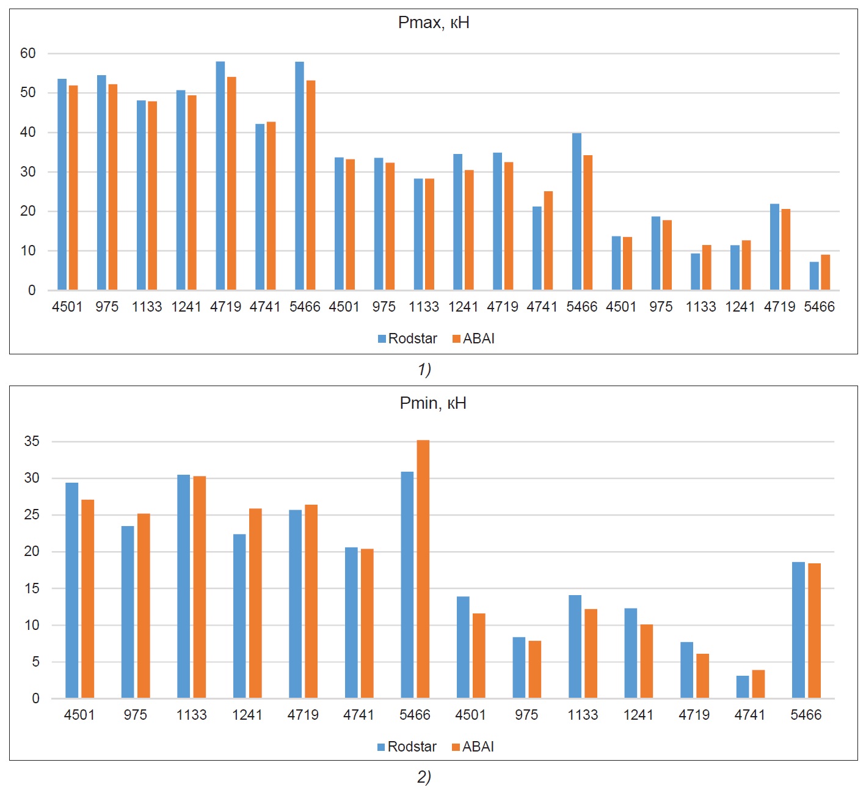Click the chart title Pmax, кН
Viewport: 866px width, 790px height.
tap(433, 23)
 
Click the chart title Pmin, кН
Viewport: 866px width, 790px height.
tap(432, 403)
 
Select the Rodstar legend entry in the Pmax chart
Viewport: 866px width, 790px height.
tap(407, 338)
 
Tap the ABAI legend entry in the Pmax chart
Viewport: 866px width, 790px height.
tap(473, 338)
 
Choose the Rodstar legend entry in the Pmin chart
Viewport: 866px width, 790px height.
tap(407, 747)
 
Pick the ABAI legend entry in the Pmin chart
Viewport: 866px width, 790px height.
tap(473, 747)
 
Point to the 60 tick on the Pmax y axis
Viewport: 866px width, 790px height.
tap(28, 54)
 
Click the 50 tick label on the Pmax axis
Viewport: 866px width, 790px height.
tap(28, 93)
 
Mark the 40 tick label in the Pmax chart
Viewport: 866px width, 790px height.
tap(28, 133)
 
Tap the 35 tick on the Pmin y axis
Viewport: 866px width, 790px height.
tap(32, 442)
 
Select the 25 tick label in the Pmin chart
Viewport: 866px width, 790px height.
tap(32, 515)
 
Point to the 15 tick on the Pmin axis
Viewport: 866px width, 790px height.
tap(32, 588)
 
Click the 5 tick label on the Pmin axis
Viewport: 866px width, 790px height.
tap(35, 662)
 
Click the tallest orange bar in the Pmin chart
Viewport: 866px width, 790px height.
tap(423, 568)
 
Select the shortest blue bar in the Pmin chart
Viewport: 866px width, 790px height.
tap(743, 687)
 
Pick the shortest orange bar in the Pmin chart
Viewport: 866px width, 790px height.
tap(759, 684)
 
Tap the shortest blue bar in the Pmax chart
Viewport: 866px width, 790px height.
tap(814, 276)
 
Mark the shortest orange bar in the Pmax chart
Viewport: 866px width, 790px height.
tap(826, 272)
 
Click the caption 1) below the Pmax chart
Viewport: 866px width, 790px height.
tap(424, 370)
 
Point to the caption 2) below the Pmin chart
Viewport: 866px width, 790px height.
tap(424, 777)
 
